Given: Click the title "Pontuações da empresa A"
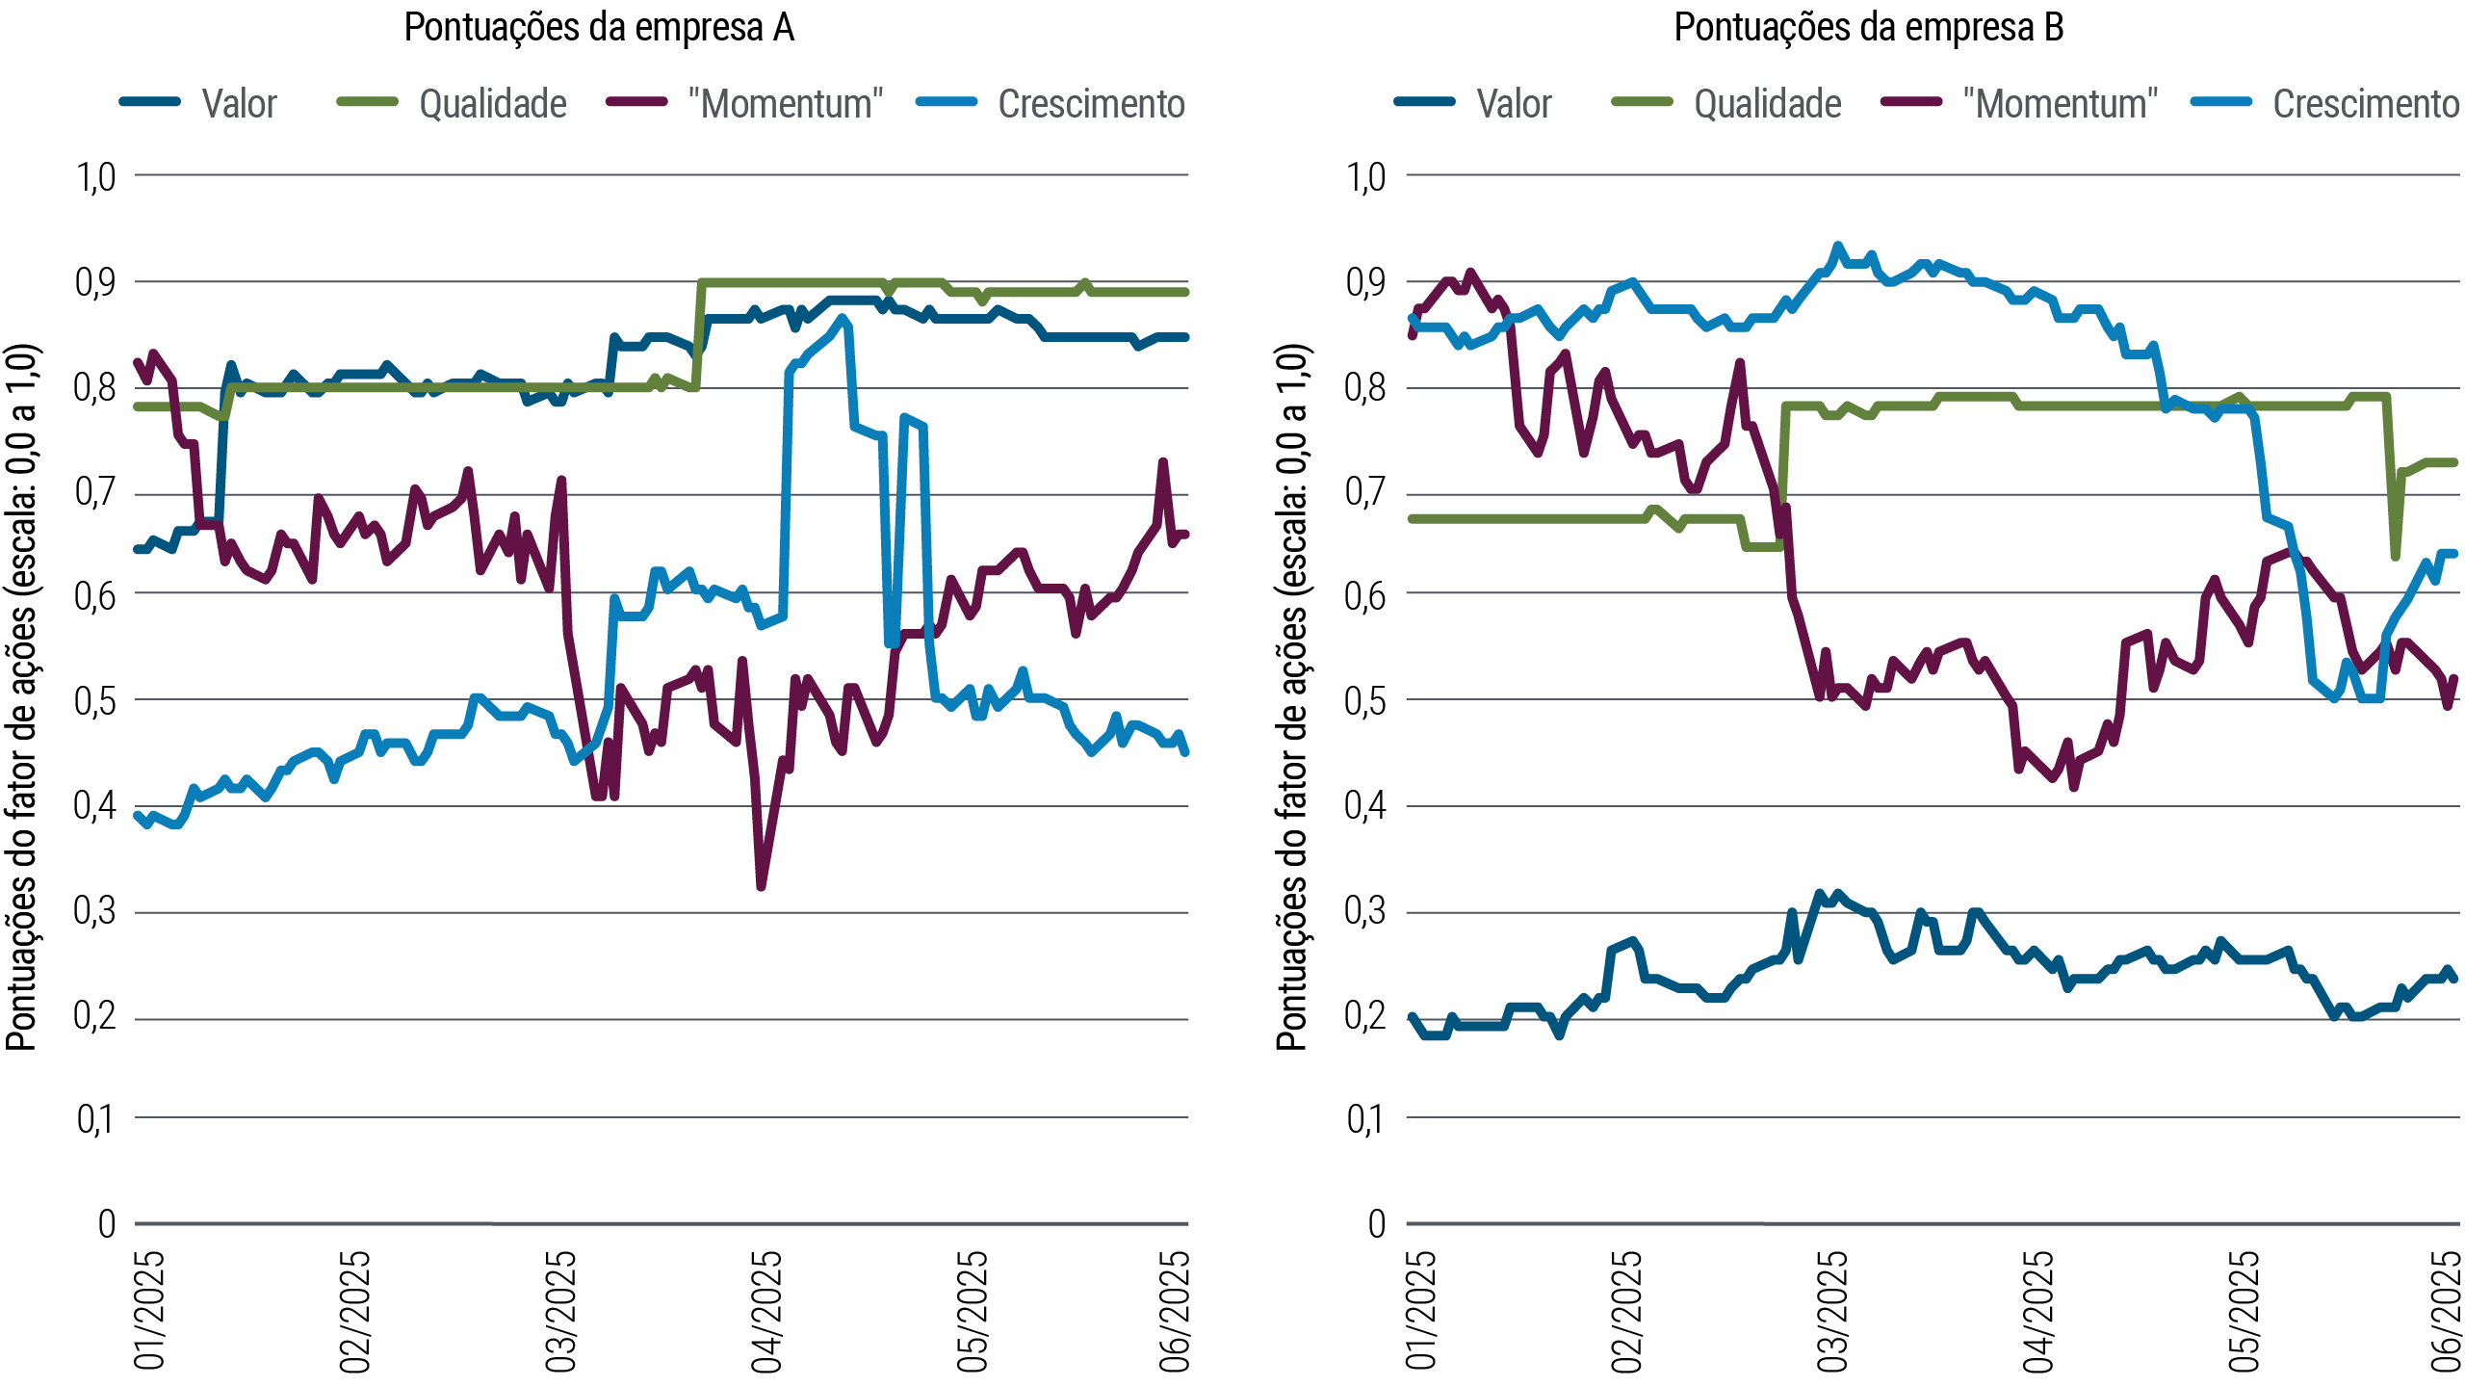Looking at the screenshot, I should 599,28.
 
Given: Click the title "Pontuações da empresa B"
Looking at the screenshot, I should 1869,28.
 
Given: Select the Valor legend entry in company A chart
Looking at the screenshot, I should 238,104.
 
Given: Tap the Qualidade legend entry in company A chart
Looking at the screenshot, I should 492,104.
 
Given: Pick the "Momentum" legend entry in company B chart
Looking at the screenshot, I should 2060,104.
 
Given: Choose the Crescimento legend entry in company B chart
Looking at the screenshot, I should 2365,104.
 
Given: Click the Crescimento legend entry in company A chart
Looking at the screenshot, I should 1091,104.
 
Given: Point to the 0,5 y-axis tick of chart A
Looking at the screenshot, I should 94,701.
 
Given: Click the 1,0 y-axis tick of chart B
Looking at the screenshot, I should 1365,177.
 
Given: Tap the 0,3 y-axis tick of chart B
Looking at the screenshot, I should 1365,911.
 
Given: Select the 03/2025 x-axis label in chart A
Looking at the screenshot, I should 560,1311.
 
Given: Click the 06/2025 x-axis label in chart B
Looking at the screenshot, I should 2446,1311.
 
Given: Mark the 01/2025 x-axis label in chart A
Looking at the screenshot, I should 149,1311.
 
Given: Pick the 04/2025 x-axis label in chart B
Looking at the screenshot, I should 2037,1311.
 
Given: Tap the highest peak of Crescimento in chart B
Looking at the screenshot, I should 1837,247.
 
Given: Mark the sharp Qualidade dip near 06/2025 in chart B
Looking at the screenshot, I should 2396,556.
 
